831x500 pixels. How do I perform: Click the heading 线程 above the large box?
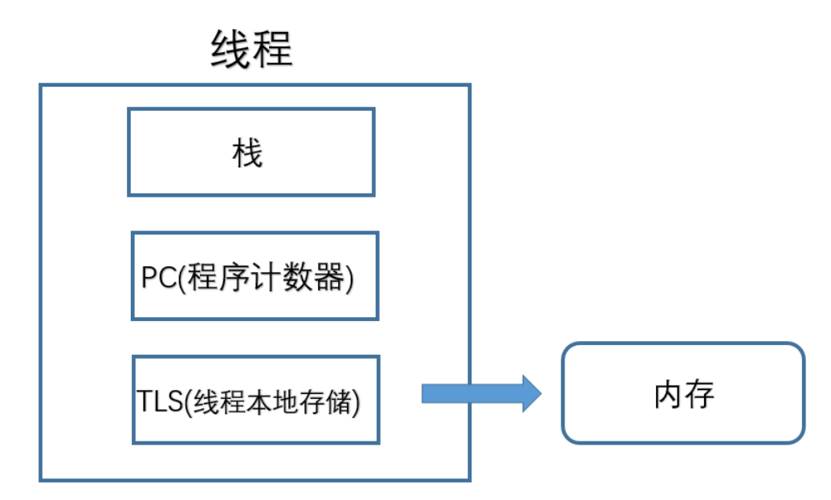click(x=251, y=50)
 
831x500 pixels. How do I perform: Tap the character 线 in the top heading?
click(x=230, y=50)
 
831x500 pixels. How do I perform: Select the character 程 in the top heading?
click(x=273, y=50)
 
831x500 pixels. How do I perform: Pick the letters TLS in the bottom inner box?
click(x=159, y=401)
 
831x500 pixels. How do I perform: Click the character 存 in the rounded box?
click(x=699, y=394)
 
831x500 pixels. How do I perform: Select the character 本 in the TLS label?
click(x=255, y=401)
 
